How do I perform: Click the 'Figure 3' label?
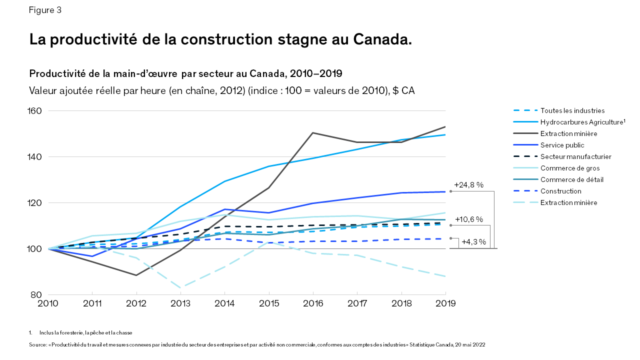click(45, 10)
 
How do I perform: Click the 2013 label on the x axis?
click(180, 303)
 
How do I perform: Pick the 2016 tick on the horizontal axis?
click(313, 303)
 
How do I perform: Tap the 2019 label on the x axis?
click(445, 303)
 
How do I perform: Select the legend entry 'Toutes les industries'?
click(572, 110)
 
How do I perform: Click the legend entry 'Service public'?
click(562, 145)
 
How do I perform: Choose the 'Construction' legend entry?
click(560, 191)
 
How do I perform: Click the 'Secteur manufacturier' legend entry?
click(575, 156)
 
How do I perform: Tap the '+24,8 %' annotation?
click(468, 184)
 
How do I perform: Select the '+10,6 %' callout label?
click(468, 219)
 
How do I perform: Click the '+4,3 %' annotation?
click(473, 242)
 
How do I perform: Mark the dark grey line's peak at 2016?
click(313, 132)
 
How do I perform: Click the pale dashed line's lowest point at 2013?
click(180, 287)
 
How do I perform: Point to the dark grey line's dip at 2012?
click(136, 275)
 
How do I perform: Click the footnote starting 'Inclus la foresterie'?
click(85, 332)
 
